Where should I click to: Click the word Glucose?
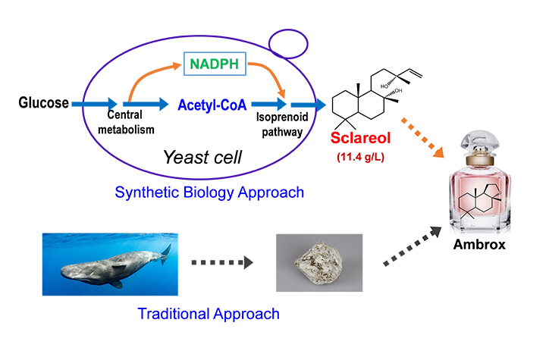44,103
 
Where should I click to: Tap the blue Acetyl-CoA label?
212,105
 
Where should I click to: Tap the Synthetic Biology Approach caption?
210,193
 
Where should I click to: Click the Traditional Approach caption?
208,313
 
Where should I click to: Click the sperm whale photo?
111,261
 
